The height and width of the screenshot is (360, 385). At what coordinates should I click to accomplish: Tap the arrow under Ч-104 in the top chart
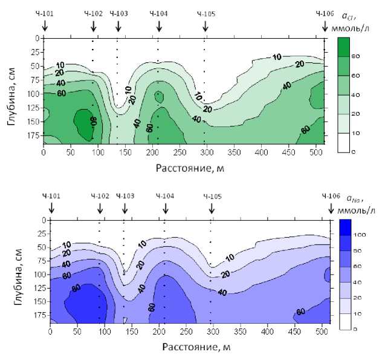[158, 25]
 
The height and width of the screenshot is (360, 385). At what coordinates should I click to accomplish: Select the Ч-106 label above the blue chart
[331, 196]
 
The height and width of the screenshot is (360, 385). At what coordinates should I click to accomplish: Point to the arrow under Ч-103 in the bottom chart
[125, 209]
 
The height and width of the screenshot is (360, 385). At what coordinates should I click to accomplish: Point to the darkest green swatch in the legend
[343, 47]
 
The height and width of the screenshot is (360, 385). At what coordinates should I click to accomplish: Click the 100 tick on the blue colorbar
[357, 234]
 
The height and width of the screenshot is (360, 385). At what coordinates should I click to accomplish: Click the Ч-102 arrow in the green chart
[94, 25]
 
